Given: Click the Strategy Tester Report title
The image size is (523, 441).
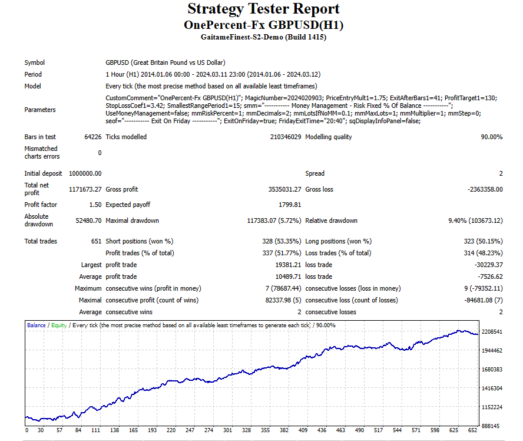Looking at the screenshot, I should coord(263,9).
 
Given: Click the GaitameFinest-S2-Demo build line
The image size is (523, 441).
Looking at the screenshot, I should coord(263,37).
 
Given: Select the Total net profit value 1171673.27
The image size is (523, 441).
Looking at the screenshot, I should coord(85,189).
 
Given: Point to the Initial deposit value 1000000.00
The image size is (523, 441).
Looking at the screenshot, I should coord(85,173).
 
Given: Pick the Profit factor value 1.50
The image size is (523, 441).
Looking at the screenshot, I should coord(94,205).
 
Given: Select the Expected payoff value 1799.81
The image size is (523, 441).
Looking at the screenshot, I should coord(289,205).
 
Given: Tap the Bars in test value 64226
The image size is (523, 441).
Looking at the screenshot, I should coord(92,137).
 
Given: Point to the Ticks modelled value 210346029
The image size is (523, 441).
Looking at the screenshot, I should coord(286,137).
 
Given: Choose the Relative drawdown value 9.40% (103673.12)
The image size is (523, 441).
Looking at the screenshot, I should coord(473,220).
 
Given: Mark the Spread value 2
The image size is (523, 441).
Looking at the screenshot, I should coord(501,173).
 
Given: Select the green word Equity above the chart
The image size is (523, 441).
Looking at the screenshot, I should coord(59,325).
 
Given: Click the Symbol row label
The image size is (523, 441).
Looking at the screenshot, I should coord(34,62).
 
